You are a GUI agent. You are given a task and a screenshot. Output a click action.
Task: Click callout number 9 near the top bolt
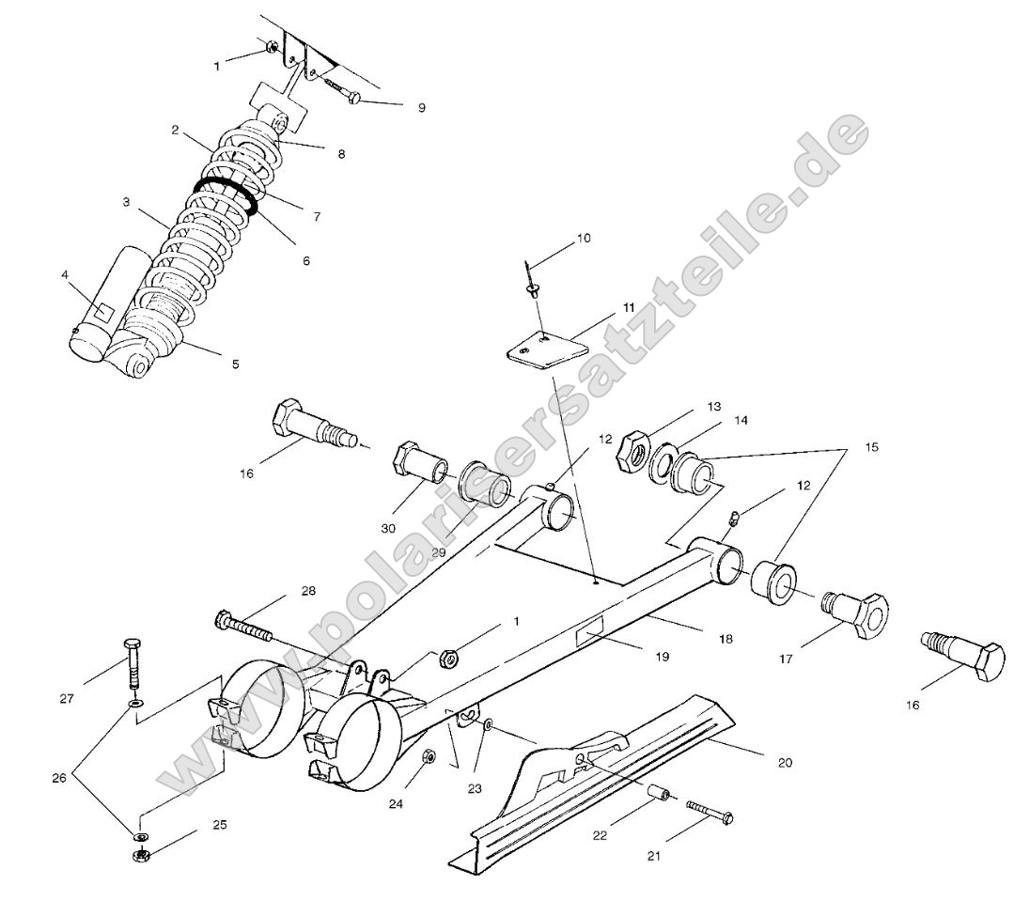coord(421,108)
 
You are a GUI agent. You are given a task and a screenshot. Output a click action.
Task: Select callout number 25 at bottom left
coord(219,825)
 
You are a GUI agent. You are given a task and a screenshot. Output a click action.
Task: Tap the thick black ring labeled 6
coord(226,193)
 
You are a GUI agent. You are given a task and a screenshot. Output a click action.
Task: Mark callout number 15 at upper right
coord(872,448)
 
